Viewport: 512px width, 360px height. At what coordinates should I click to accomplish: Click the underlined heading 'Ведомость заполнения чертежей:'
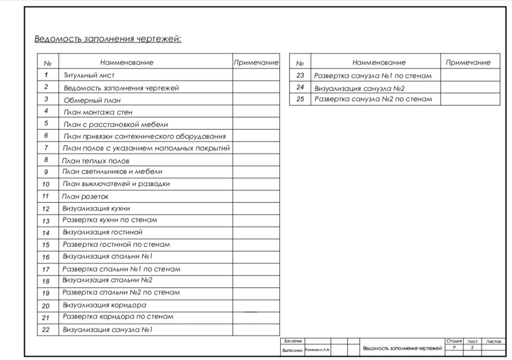pyautogui.click(x=108, y=39)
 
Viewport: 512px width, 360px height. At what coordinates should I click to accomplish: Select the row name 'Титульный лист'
pyautogui.click(x=89, y=75)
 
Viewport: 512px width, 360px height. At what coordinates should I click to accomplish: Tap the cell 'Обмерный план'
pyautogui.click(x=92, y=100)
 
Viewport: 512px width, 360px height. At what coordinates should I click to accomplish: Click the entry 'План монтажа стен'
pyautogui.click(x=98, y=112)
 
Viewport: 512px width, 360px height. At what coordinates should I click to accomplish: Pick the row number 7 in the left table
pyautogui.click(x=47, y=148)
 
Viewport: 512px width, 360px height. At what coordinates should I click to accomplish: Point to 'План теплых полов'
pyautogui.click(x=95, y=161)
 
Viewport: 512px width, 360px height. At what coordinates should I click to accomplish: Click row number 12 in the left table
pyautogui.click(x=46, y=209)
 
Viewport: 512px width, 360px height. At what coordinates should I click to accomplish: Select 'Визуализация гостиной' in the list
pyautogui.click(x=102, y=232)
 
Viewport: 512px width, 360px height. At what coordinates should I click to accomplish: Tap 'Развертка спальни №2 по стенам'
pyautogui.click(x=121, y=292)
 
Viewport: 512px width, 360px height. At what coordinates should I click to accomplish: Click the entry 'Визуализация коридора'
pyautogui.click(x=104, y=305)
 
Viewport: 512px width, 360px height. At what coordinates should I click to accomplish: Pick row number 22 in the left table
pyautogui.click(x=46, y=329)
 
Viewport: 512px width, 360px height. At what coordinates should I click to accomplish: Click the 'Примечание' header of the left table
pyautogui.click(x=256, y=63)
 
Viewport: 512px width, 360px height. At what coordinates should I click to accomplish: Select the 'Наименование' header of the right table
pyautogui.click(x=379, y=63)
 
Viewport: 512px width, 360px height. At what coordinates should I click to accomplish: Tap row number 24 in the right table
pyautogui.click(x=300, y=87)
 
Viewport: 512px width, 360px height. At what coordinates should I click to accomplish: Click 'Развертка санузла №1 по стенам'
pyautogui.click(x=372, y=76)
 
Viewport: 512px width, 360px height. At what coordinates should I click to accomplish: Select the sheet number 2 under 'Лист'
pyautogui.click(x=472, y=348)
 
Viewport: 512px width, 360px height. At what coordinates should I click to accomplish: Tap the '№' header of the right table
pyautogui.click(x=300, y=63)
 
